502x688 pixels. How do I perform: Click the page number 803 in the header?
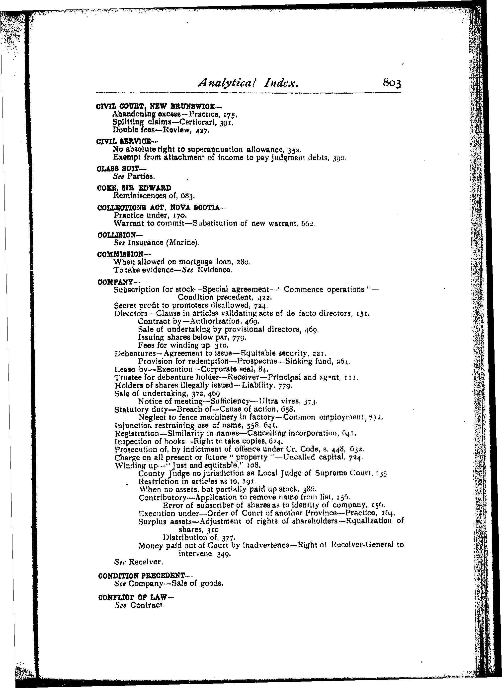(392, 83)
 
